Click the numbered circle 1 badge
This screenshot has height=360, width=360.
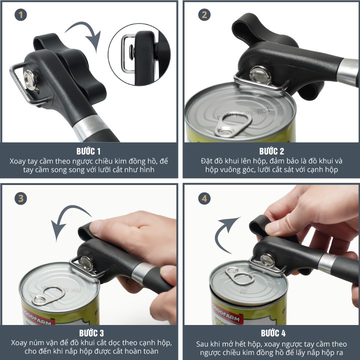20,15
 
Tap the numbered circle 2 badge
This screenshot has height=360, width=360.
204,15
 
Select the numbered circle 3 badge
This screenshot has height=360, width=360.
20,198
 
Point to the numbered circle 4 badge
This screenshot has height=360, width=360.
204,198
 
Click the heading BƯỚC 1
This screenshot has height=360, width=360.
88,151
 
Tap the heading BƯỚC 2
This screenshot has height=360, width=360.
271,151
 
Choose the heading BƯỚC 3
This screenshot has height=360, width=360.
91,333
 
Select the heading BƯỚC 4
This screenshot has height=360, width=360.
273,333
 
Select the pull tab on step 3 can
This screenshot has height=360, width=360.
48,296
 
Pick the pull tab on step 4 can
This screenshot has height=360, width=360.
239,275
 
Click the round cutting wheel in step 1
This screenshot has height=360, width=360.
30,80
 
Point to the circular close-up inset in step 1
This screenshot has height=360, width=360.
139,54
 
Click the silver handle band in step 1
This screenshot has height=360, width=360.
90,127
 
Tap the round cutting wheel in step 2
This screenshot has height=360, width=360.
260,75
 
